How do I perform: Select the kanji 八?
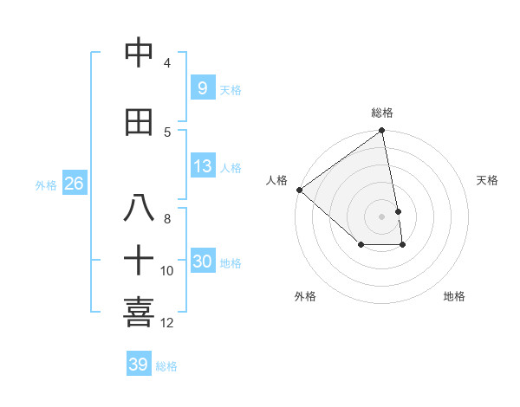[x=140, y=208]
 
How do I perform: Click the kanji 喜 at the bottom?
[x=140, y=312]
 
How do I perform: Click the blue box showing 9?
[x=202, y=88]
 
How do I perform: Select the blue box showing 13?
[x=202, y=166]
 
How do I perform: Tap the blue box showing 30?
[x=202, y=262]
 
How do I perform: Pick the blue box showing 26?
[x=74, y=184]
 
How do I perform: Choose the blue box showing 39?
[x=138, y=365]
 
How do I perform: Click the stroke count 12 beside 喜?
[x=167, y=323]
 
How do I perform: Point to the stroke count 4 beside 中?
[x=167, y=63]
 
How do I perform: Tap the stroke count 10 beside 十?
[x=167, y=271]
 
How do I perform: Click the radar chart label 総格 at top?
[x=382, y=113]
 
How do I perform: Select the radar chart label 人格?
[x=277, y=180]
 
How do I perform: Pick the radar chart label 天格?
[x=487, y=180]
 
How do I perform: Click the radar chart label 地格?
[x=454, y=296]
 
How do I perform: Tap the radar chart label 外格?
[x=305, y=296]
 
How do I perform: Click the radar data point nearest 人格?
[x=299, y=190]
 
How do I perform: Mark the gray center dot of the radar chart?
[x=382, y=216]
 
